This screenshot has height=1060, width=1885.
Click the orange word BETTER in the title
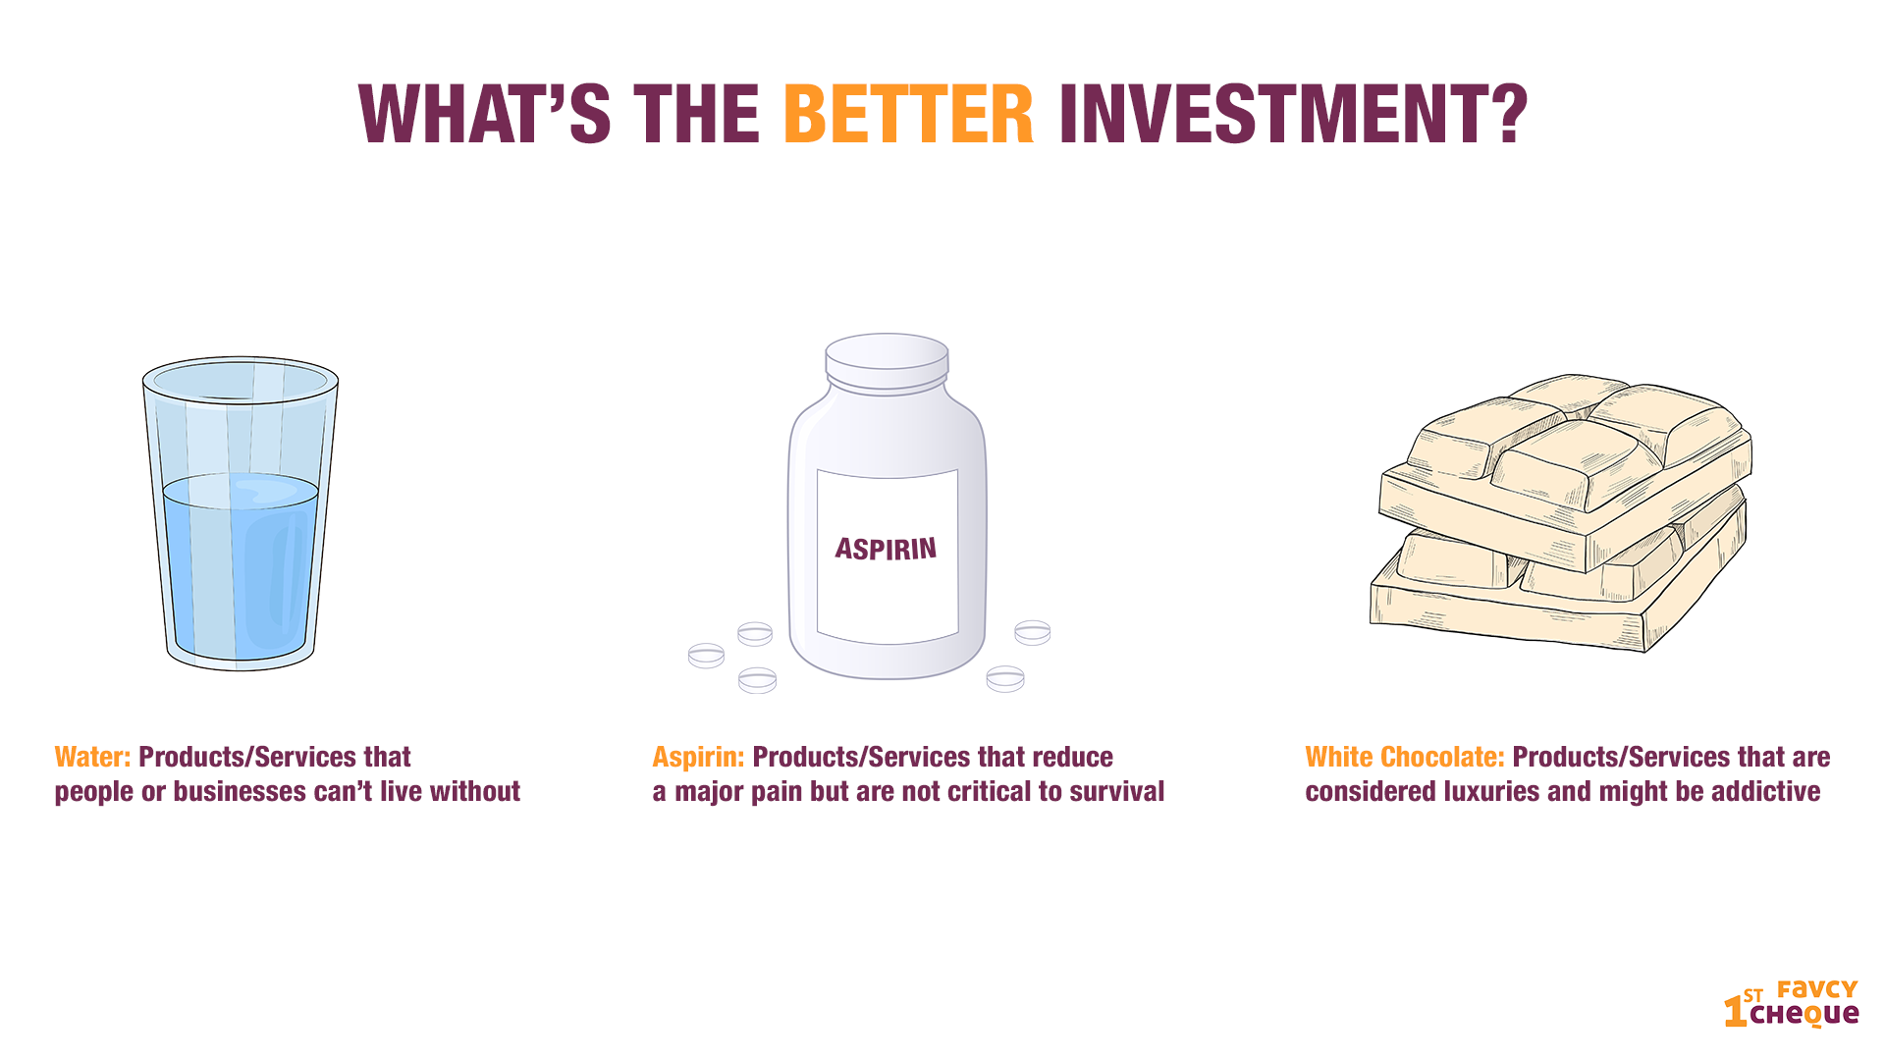tap(908, 114)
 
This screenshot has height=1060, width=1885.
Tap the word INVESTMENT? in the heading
tap(1293, 114)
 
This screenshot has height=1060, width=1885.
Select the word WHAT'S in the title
tap(485, 114)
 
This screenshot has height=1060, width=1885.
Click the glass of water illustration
tap(241, 513)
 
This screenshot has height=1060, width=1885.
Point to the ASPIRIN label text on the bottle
tap(886, 548)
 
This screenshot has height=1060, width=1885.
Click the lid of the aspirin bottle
tap(887, 362)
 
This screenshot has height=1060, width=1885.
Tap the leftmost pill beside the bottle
tap(706, 656)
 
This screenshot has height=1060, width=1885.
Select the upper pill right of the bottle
tap(1033, 632)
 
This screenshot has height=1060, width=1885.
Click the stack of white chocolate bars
tap(1561, 512)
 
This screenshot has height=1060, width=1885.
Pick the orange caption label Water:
tap(92, 757)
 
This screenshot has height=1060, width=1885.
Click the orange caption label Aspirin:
tap(698, 757)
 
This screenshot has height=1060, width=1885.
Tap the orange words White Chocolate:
tap(1405, 757)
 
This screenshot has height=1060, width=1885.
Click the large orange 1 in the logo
tap(1735, 1010)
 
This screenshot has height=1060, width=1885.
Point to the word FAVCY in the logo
tap(1817, 989)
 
